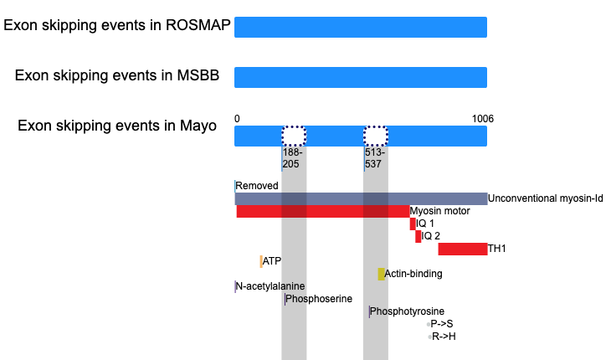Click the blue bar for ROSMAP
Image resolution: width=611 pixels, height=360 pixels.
tap(361, 28)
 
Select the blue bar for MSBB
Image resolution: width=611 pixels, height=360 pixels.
tap(361, 77)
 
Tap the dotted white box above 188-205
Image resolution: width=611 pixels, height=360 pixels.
tap(294, 136)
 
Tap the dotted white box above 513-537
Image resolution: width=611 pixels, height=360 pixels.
tap(376, 136)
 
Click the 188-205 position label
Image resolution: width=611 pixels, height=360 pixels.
tap(292, 157)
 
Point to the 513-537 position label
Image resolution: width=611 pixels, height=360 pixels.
tap(375, 157)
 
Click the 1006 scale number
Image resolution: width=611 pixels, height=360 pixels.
tap(483, 119)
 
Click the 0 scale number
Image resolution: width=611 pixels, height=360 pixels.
tap(237, 119)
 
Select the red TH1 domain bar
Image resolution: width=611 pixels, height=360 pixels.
tap(463, 249)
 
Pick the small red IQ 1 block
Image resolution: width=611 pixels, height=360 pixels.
tap(413, 224)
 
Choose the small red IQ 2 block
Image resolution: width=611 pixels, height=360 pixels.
tap(418, 236)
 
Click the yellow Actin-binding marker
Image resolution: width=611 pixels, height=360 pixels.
tap(381, 274)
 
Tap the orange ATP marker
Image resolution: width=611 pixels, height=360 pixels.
tap(261, 261)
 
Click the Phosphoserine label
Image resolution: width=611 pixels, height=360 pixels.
tap(319, 299)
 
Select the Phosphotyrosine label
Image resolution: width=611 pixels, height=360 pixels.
tap(407, 311)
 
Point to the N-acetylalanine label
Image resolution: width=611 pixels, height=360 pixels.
tap(270, 286)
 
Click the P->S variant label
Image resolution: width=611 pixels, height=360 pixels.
tap(442, 324)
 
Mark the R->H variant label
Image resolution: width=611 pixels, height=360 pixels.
tap(444, 337)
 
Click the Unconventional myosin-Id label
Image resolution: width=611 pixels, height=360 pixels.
tap(546, 198)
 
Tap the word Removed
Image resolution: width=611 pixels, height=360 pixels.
tap(257, 186)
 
